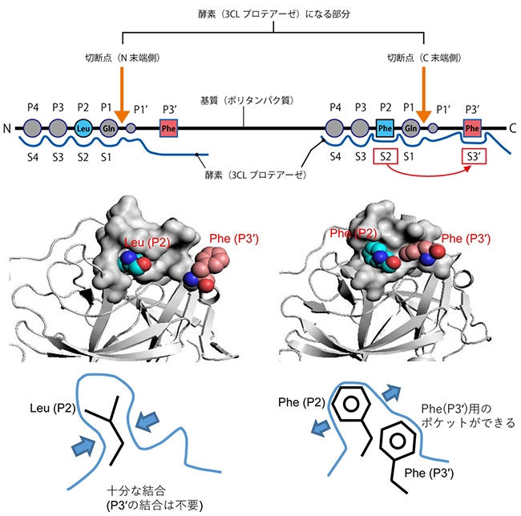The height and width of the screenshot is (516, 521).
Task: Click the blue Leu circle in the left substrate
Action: pos(83,127)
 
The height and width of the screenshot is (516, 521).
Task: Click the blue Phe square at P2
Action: pos(385,127)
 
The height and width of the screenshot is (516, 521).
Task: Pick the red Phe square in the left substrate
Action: pos(168,127)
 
